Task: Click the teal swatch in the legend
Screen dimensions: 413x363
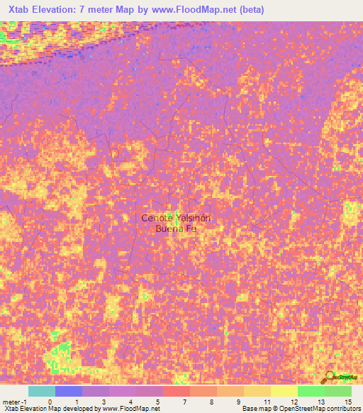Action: tap(42, 391)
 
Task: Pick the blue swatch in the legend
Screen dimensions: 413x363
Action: tap(69, 391)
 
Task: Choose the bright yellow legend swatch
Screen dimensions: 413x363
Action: tap(284, 391)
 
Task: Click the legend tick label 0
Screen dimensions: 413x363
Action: tap(50, 402)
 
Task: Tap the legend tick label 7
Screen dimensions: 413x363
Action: tap(185, 402)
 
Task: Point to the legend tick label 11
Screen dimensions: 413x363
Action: tap(266, 402)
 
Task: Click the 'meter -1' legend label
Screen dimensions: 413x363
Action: tap(13, 402)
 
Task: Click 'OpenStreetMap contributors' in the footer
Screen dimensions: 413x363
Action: tap(315, 409)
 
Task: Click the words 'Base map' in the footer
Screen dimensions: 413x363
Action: tap(254, 409)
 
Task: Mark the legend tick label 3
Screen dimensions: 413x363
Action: tap(104, 402)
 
